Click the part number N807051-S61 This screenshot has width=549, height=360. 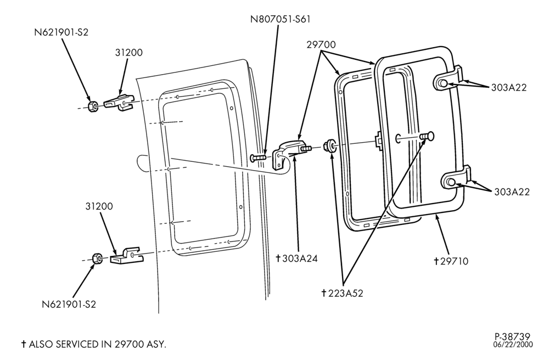point(280,19)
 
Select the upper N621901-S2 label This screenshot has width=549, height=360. point(61,32)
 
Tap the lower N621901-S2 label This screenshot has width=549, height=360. point(69,304)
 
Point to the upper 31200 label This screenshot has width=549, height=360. point(129,53)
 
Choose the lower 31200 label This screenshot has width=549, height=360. point(99,206)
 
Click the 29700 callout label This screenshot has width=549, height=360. point(321,45)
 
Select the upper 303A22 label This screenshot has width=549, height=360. point(509,87)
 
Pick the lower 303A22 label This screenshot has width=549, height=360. point(512,192)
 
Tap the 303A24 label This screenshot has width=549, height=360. point(296,258)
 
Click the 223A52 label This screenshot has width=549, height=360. point(342,293)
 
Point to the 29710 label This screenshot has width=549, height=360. point(451,261)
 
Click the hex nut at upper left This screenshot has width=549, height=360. point(93,106)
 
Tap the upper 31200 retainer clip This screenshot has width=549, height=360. point(119,103)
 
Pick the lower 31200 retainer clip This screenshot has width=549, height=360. point(127,256)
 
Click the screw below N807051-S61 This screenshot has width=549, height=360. point(259,158)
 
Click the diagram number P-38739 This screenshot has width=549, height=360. point(513,337)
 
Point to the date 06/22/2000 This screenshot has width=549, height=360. point(513,345)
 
